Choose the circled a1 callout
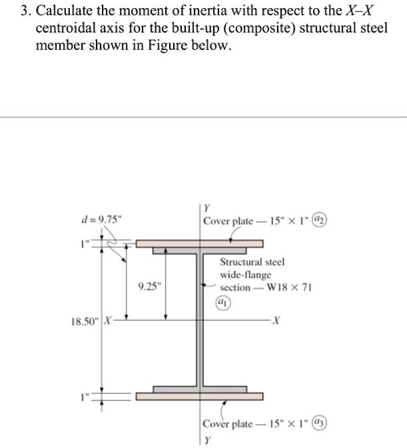(220, 300)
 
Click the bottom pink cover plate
(200, 397)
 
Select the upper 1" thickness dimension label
(85, 244)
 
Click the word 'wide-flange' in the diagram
(246, 275)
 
